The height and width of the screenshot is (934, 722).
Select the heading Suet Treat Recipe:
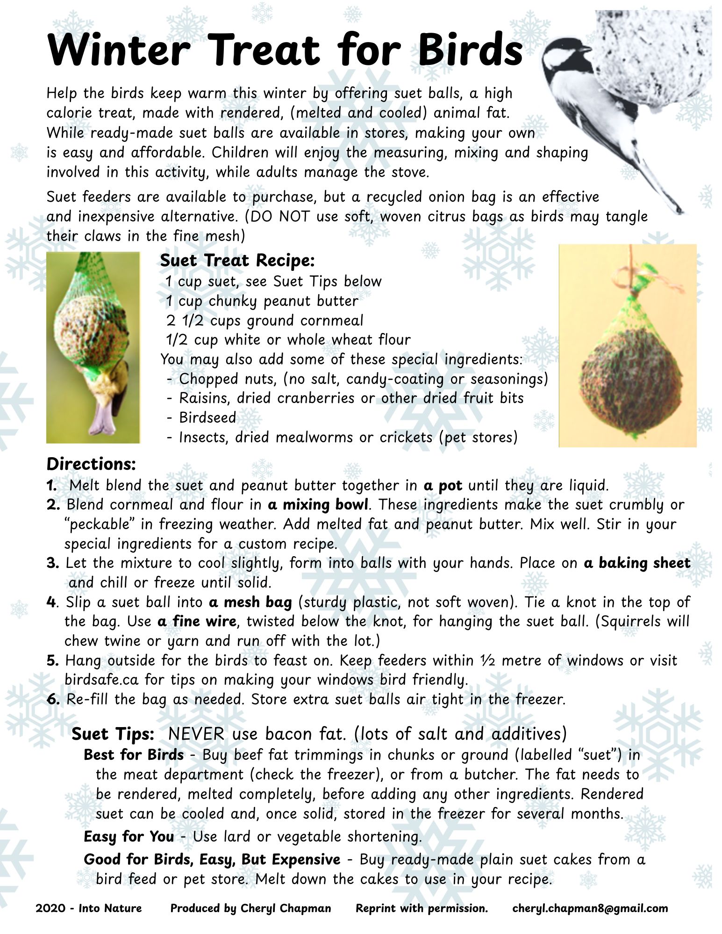point(237,261)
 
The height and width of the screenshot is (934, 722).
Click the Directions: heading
point(91,464)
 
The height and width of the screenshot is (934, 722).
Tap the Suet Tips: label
point(113,734)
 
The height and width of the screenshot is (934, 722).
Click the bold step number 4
point(50,602)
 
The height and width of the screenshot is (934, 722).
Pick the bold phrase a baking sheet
point(637,563)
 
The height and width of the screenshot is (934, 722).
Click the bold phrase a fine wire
point(197,622)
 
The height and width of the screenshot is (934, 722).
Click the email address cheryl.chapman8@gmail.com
point(590,908)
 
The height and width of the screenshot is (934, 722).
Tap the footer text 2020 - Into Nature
point(88,908)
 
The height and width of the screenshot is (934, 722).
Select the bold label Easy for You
point(129,836)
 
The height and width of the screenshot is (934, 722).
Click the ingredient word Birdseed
point(207,417)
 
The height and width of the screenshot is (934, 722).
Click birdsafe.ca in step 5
point(101,680)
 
